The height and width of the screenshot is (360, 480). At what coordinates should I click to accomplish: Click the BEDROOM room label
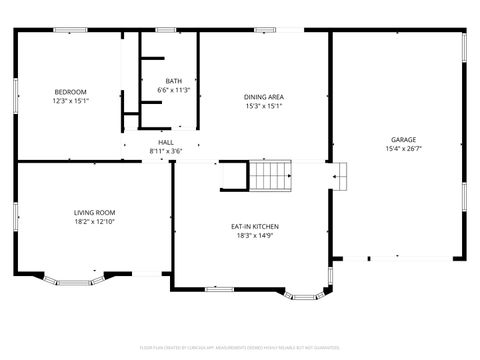click(70, 92)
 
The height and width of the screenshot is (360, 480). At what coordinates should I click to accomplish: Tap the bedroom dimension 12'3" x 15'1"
click(70, 100)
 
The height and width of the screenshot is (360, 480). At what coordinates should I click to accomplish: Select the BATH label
click(174, 81)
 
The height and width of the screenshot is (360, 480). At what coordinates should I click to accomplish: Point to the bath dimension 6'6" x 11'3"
click(174, 90)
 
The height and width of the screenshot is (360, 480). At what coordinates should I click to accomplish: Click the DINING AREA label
click(264, 97)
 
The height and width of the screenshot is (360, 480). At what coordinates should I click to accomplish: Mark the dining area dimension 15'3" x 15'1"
click(264, 106)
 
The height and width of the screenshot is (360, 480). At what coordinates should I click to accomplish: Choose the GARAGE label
click(403, 139)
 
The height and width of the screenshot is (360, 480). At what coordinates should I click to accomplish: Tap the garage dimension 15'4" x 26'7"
click(403, 148)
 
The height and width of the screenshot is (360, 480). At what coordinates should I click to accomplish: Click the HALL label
click(165, 142)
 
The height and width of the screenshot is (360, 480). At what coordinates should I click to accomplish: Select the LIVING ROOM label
click(94, 212)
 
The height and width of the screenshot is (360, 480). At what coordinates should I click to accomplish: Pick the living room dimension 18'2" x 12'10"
click(94, 221)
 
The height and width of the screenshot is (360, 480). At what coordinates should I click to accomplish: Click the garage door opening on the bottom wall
click(398, 259)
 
